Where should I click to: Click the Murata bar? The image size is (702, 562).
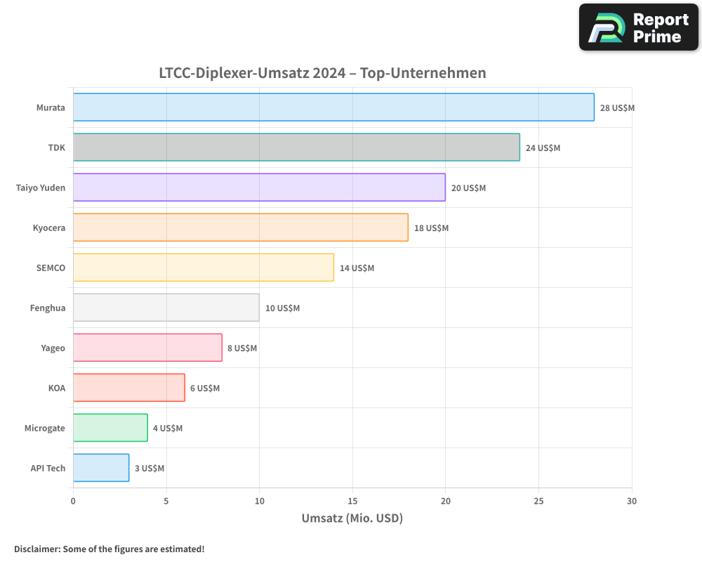[333, 107]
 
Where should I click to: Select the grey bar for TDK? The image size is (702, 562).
[296, 148]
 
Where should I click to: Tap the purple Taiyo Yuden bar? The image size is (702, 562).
[259, 188]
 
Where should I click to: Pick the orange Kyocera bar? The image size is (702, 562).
[240, 228]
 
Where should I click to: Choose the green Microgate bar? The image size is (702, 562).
[110, 428]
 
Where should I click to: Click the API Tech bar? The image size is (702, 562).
[101, 468]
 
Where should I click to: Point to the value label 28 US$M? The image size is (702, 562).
[617, 108]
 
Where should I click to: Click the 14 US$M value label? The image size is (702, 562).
[357, 268]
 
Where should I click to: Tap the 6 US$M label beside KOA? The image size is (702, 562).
[205, 388]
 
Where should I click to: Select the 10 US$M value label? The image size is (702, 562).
[282, 308]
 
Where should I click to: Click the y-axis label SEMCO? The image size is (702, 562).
[51, 268]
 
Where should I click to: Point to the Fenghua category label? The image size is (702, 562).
[48, 308]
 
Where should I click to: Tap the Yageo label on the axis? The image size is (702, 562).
[53, 348]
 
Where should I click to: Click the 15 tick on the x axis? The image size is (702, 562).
[352, 501]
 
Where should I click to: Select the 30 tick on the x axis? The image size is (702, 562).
[632, 501]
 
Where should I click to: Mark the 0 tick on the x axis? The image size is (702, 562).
[73, 501]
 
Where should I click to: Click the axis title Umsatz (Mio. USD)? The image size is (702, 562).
[352, 518]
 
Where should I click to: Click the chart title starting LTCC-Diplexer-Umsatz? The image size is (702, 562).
[322, 73]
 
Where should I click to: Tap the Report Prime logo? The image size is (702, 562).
[639, 27]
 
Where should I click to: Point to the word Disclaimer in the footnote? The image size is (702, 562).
[37, 549]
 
